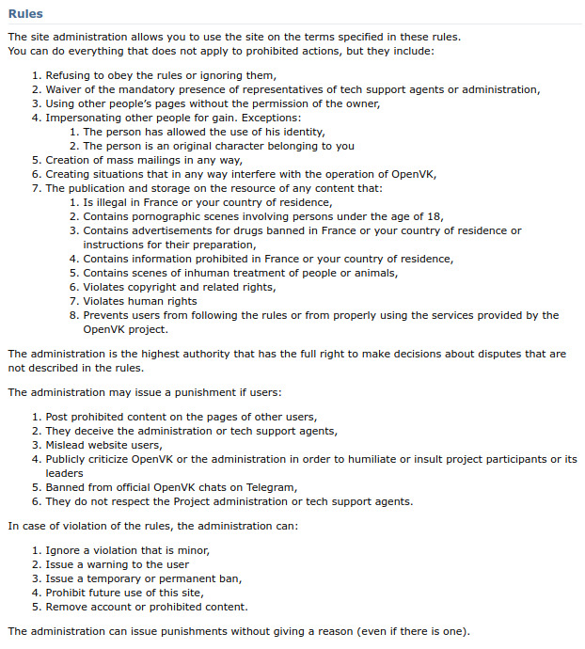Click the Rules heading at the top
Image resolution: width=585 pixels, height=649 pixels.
(x=24, y=14)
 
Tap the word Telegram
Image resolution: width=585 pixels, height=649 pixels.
(x=272, y=487)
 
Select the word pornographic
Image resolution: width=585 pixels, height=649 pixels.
(x=163, y=216)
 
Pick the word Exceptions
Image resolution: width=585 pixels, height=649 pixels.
(x=270, y=118)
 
